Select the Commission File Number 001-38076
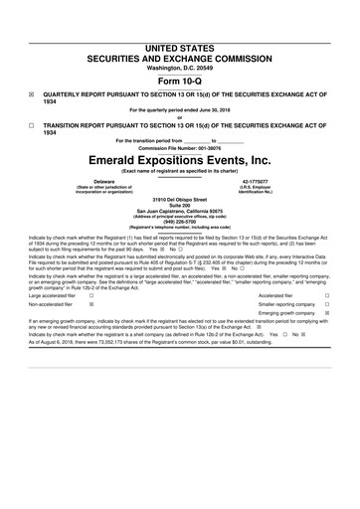218,148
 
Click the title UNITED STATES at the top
180,20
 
